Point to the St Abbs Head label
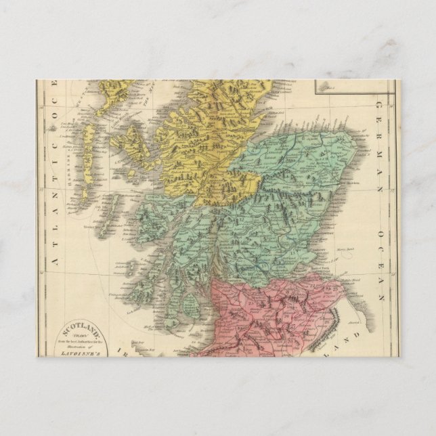point(347,278)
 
